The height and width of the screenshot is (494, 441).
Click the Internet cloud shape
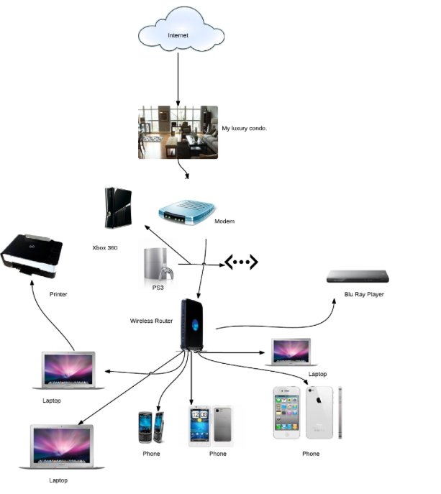(x=178, y=32)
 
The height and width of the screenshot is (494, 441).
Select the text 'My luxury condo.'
(x=245, y=129)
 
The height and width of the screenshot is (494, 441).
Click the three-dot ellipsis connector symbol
(x=241, y=263)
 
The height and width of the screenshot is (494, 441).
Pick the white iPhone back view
(x=319, y=412)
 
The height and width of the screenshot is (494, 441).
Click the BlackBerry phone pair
(x=152, y=427)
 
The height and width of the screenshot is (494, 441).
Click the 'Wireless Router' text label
(x=151, y=321)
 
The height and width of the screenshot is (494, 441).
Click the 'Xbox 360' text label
(x=105, y=247)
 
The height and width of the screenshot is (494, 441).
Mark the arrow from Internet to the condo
(x=178, y=76)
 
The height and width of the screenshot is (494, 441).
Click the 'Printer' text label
(x=58, y=294)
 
